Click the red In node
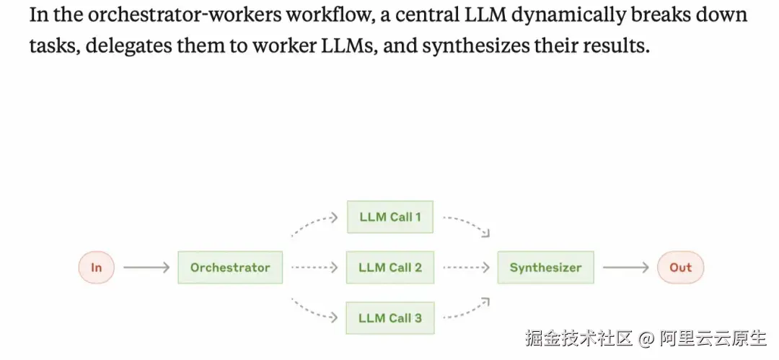[x=97, y=268]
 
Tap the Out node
[x=681, y=268]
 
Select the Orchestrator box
[x=230, y=268]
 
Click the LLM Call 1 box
[x=390, y=217]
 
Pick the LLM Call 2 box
[x=390, y=268]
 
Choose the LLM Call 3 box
[x=390, y=317]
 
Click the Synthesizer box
[x=545, y=268]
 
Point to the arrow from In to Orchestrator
[x=146, y=268]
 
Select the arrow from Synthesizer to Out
[x=625, y=268]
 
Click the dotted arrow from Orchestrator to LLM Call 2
[x=314, y=268]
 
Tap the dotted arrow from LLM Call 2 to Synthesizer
[x=466, y=268]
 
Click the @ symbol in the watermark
[x=646, y=339]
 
